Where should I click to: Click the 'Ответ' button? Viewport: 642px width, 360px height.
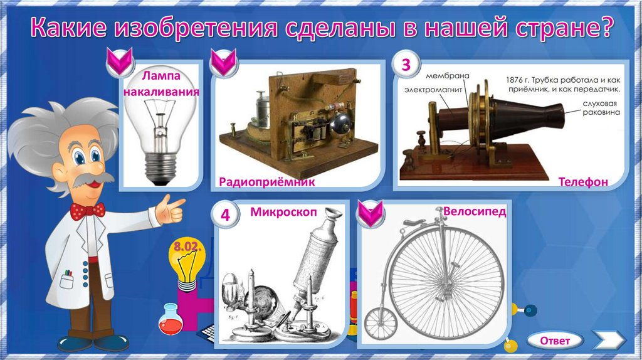pos(555,341)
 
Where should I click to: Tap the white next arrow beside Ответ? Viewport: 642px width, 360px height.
pos(609,340)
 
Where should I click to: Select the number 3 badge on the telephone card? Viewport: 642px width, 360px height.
pos(406,65)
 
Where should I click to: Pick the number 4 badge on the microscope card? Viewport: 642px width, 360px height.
pos(225,214)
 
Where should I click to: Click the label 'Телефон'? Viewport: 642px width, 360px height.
pos(583,182)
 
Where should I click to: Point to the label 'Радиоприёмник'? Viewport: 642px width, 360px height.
pos(267,182)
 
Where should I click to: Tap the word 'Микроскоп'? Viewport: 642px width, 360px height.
pos(284,212)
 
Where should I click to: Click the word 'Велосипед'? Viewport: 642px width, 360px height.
pos(475,211)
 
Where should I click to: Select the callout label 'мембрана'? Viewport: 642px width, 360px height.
pos(448,76)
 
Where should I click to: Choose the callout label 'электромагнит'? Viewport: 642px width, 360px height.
pos(433,89)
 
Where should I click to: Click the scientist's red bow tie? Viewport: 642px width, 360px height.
pos(88,211)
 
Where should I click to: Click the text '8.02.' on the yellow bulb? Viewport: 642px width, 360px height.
pos(187,246)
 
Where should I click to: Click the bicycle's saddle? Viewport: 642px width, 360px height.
pos(416,223)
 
